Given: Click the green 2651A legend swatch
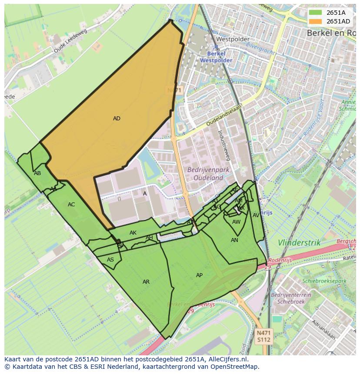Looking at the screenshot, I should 316,13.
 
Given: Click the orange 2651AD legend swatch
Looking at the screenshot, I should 316,21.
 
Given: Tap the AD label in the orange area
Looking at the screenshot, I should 117,119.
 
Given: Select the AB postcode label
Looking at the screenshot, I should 37,173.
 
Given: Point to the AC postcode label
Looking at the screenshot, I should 71,205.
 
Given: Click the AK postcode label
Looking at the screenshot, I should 133,233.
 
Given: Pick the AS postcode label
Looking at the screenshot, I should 110,260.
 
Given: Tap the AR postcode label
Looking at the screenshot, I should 146,282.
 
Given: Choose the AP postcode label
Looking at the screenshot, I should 199,275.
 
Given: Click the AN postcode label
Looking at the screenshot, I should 234,240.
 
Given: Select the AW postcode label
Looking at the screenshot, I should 236,222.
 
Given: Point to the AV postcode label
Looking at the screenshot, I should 256,215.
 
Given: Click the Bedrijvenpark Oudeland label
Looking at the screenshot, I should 205,174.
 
